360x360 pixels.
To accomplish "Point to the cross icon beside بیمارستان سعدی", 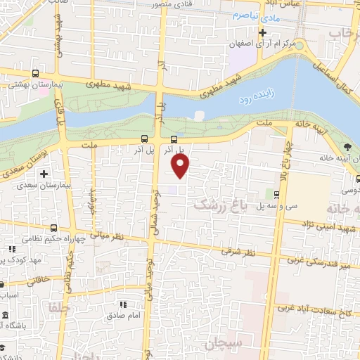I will (44, 173).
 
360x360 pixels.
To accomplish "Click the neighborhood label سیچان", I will (222, 344).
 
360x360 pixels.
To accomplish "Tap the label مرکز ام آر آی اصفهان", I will (262, 44).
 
